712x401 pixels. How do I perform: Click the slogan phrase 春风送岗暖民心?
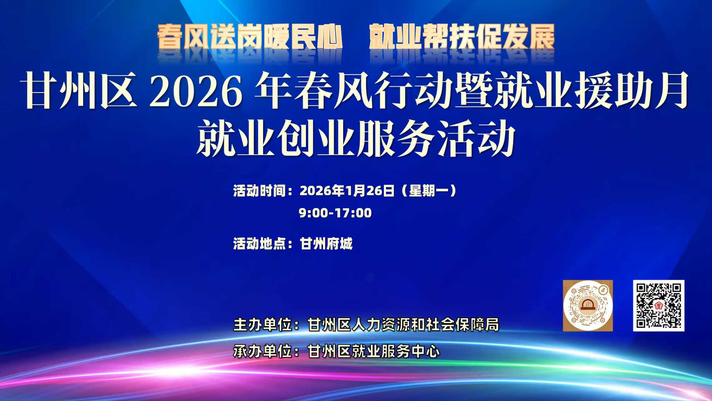coord(249,37)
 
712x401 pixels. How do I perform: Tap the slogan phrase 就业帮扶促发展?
coord(462,37)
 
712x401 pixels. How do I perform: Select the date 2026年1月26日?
coord(347,191)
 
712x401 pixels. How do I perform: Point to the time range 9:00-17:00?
coord(335,213)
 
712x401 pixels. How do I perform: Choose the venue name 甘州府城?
coord(326,244)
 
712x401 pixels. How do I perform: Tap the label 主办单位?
coord(263,325)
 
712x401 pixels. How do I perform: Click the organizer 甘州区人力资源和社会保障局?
coord(403,325)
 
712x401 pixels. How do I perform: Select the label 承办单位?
coord(263,351)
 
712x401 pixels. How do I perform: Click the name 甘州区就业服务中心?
coord(374,351)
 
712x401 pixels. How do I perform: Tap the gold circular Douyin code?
coord(588,306)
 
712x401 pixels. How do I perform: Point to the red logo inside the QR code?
coord(659,305)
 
